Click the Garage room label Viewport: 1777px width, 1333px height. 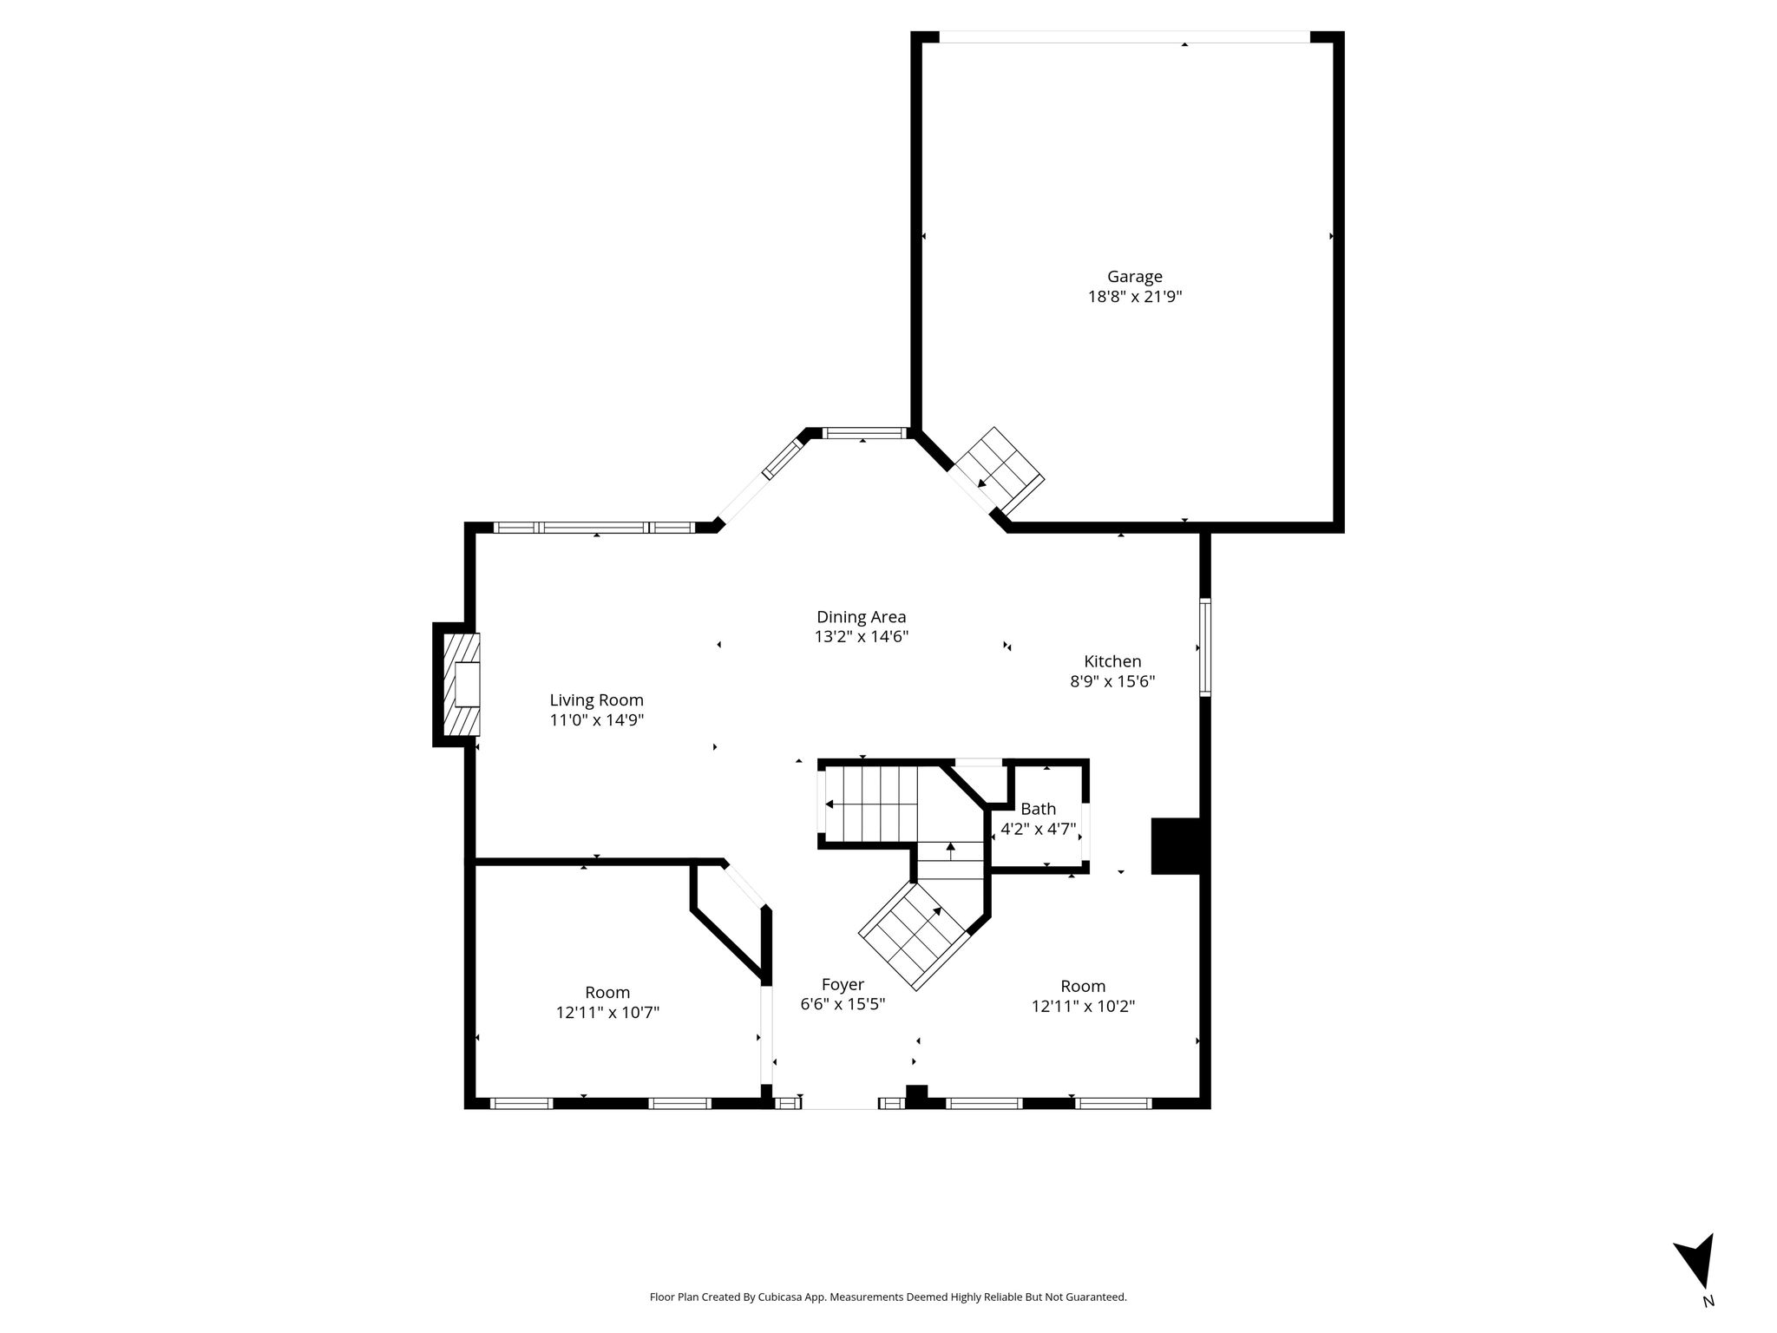click(1134, 277)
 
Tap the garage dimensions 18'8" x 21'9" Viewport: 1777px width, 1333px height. click(1135, 297)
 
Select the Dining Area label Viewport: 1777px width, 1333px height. click(861, 617)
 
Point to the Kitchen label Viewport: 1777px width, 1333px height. click(1112, 661)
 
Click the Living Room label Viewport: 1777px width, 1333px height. click(597, 700)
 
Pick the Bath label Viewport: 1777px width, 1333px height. click(1038, 809)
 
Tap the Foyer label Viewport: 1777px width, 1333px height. click(843, 985)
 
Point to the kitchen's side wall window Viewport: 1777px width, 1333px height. click(1205, 647)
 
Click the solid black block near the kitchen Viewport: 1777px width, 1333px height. click(1175, 845)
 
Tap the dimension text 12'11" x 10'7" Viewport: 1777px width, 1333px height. click(607, 1012)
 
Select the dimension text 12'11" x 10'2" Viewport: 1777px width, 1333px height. click(1083, 1007)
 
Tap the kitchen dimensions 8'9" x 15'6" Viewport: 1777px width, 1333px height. click(1112, 682)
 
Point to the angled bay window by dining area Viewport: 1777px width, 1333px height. click(784, 459)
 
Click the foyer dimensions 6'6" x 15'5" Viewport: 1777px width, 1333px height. click(843, 1005)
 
